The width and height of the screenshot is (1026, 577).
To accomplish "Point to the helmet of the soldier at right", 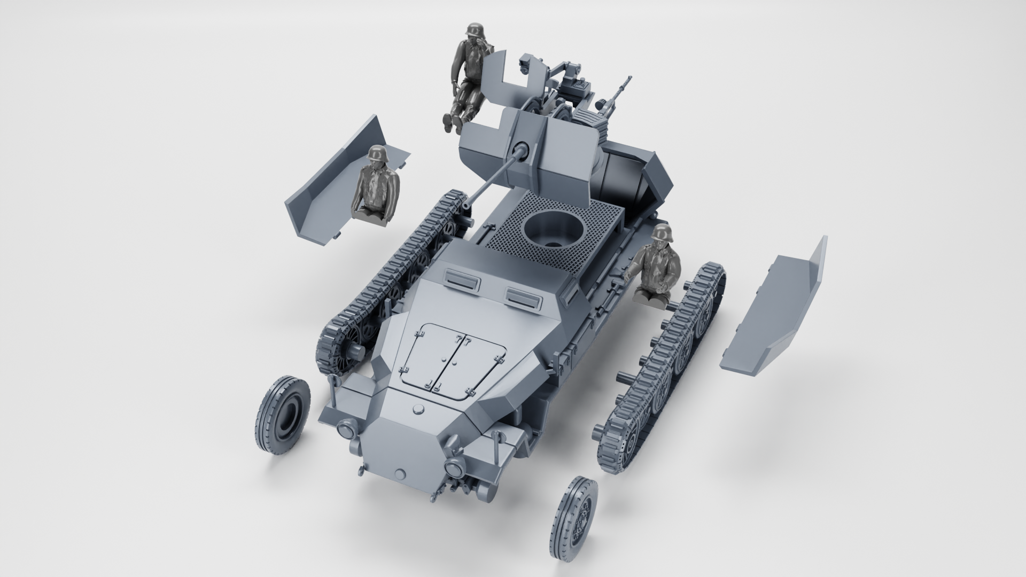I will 663,233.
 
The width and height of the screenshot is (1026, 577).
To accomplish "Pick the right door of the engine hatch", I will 478,369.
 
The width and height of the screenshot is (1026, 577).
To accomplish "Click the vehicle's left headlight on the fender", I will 346,429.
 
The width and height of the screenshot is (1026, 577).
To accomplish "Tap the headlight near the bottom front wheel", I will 456,469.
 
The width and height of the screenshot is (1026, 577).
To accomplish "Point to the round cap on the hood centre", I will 419,409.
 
